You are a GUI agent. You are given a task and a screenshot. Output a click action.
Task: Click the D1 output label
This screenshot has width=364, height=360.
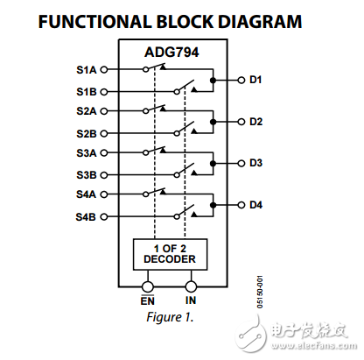click(255, 80)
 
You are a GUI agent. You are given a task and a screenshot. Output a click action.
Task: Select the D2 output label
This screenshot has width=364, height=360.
click(255, 122)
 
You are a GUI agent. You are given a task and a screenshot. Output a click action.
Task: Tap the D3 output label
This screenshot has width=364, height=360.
click(255, 163)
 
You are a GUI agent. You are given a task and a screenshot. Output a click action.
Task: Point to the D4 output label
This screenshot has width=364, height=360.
click(255, 205)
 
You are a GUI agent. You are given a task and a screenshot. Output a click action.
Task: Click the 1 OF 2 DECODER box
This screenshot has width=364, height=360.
click(170, 253)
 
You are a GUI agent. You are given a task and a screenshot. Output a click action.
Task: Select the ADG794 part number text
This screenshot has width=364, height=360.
click(170, 53)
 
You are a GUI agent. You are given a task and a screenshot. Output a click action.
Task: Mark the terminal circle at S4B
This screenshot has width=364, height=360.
click(103, 215)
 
